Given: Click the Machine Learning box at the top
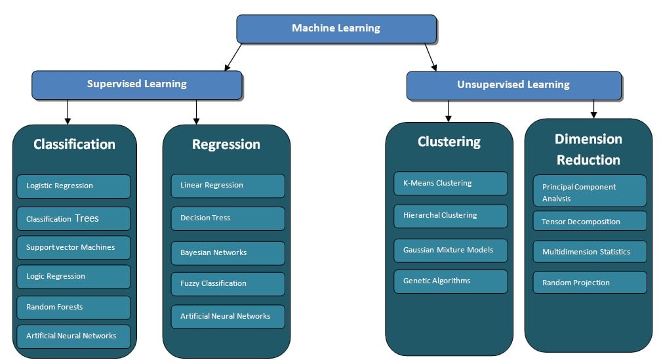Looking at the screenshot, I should pyautogui.click(x=336, y=28).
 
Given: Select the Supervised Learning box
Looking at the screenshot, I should pyautogui.click(x=137, y=85).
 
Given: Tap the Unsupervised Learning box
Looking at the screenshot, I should pyautogui.click(x=513, y=85).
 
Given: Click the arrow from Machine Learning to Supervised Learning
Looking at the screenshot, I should pyautogui.click(x=233, y=56).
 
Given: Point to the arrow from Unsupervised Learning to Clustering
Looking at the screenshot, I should pyautogui.click(x=449, y=111).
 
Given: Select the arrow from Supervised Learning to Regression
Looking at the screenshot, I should pyautogui.click(x=196, y=111).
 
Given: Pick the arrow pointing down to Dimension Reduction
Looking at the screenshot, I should pyautogui.click(x=593, y=109).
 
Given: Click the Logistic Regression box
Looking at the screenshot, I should pyautogui.click(x=74, y=186).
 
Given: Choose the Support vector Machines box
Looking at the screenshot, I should pyautogui.click(x=74, y=248).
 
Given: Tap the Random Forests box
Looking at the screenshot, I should pyautogui.click(x=74, y=307).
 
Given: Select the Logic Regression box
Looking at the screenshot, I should pyautogui.click(x=74, y=277).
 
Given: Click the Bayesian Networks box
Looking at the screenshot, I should pyautogui.click(x=228, y=252).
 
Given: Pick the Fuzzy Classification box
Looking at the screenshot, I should pyautogui.click(x=228, y=284).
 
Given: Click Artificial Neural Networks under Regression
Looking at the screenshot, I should pyautogui.click(x=228, y=317).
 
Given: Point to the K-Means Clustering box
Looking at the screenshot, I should pyautogui.click(x=451, y=184).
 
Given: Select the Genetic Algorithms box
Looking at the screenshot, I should pyautogui.click(x=451, y=281).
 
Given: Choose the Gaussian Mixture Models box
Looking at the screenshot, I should pyautogui.click(x=451, y=250).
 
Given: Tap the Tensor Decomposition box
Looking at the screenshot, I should pyautogui.click(x=590, y=222).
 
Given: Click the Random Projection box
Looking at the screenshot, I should pyautogui.click(x=590, y=283).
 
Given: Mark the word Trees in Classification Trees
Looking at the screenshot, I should pyautogui.click(x=87, y=218).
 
